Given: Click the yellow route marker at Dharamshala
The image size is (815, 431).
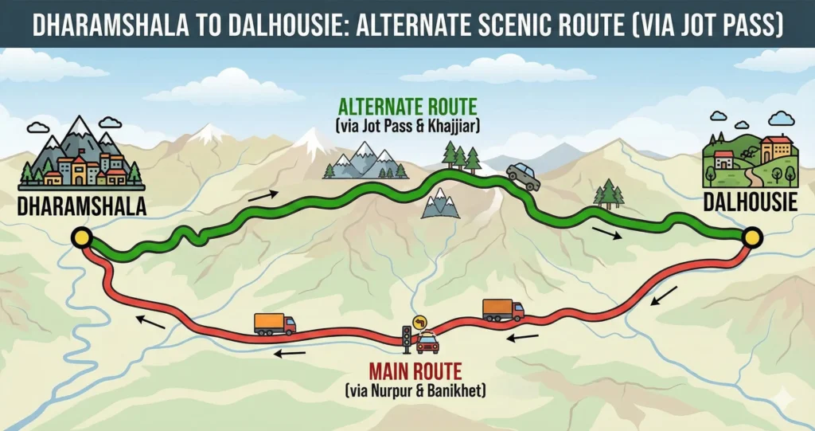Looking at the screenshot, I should tap(81, 237).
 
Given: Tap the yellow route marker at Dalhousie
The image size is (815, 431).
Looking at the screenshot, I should tap(751, 237).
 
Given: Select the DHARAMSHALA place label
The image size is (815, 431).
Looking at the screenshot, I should tap(82, 206).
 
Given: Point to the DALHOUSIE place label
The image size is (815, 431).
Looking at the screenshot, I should tap(750, 202).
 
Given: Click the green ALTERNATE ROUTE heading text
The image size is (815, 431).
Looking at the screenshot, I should tap(407, 107).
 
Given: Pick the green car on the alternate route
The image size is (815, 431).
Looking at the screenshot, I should tap(523, 176).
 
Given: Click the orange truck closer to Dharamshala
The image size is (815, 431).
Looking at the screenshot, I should tap(275, 323).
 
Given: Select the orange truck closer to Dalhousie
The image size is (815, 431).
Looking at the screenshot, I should tap(502, 309).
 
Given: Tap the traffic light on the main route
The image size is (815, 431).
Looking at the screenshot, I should tap(407, 338).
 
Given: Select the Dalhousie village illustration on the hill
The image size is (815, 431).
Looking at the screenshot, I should tap(751, 157).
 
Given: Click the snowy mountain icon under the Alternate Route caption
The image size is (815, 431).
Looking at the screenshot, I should tap(364, 161).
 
